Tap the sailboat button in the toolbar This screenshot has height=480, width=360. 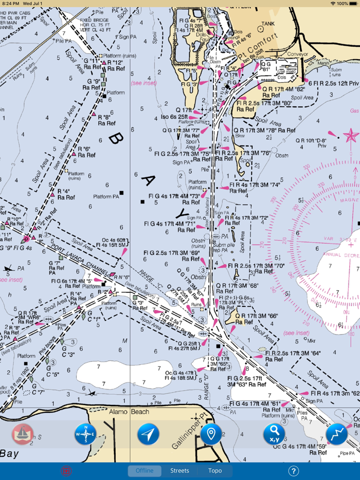[x=23, y=435]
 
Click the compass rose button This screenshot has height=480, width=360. [x=85, y=435]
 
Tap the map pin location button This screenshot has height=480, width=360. [x=211, y=434]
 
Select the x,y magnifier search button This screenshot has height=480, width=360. [x=274, y=435]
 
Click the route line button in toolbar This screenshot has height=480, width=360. [x=336, y=435]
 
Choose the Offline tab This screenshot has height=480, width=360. [x=145, y=471]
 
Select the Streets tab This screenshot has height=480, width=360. [x=179, y=471]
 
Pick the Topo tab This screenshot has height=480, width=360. [x=215, y=471]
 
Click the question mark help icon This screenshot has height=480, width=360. [x=293, y=471]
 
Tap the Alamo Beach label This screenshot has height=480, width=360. [x=129, y=412]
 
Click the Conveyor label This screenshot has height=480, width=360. [x=297, y=53]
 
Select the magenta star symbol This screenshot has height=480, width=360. [x=351, y=136]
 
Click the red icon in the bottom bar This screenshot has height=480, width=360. [x=66, y=471]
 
